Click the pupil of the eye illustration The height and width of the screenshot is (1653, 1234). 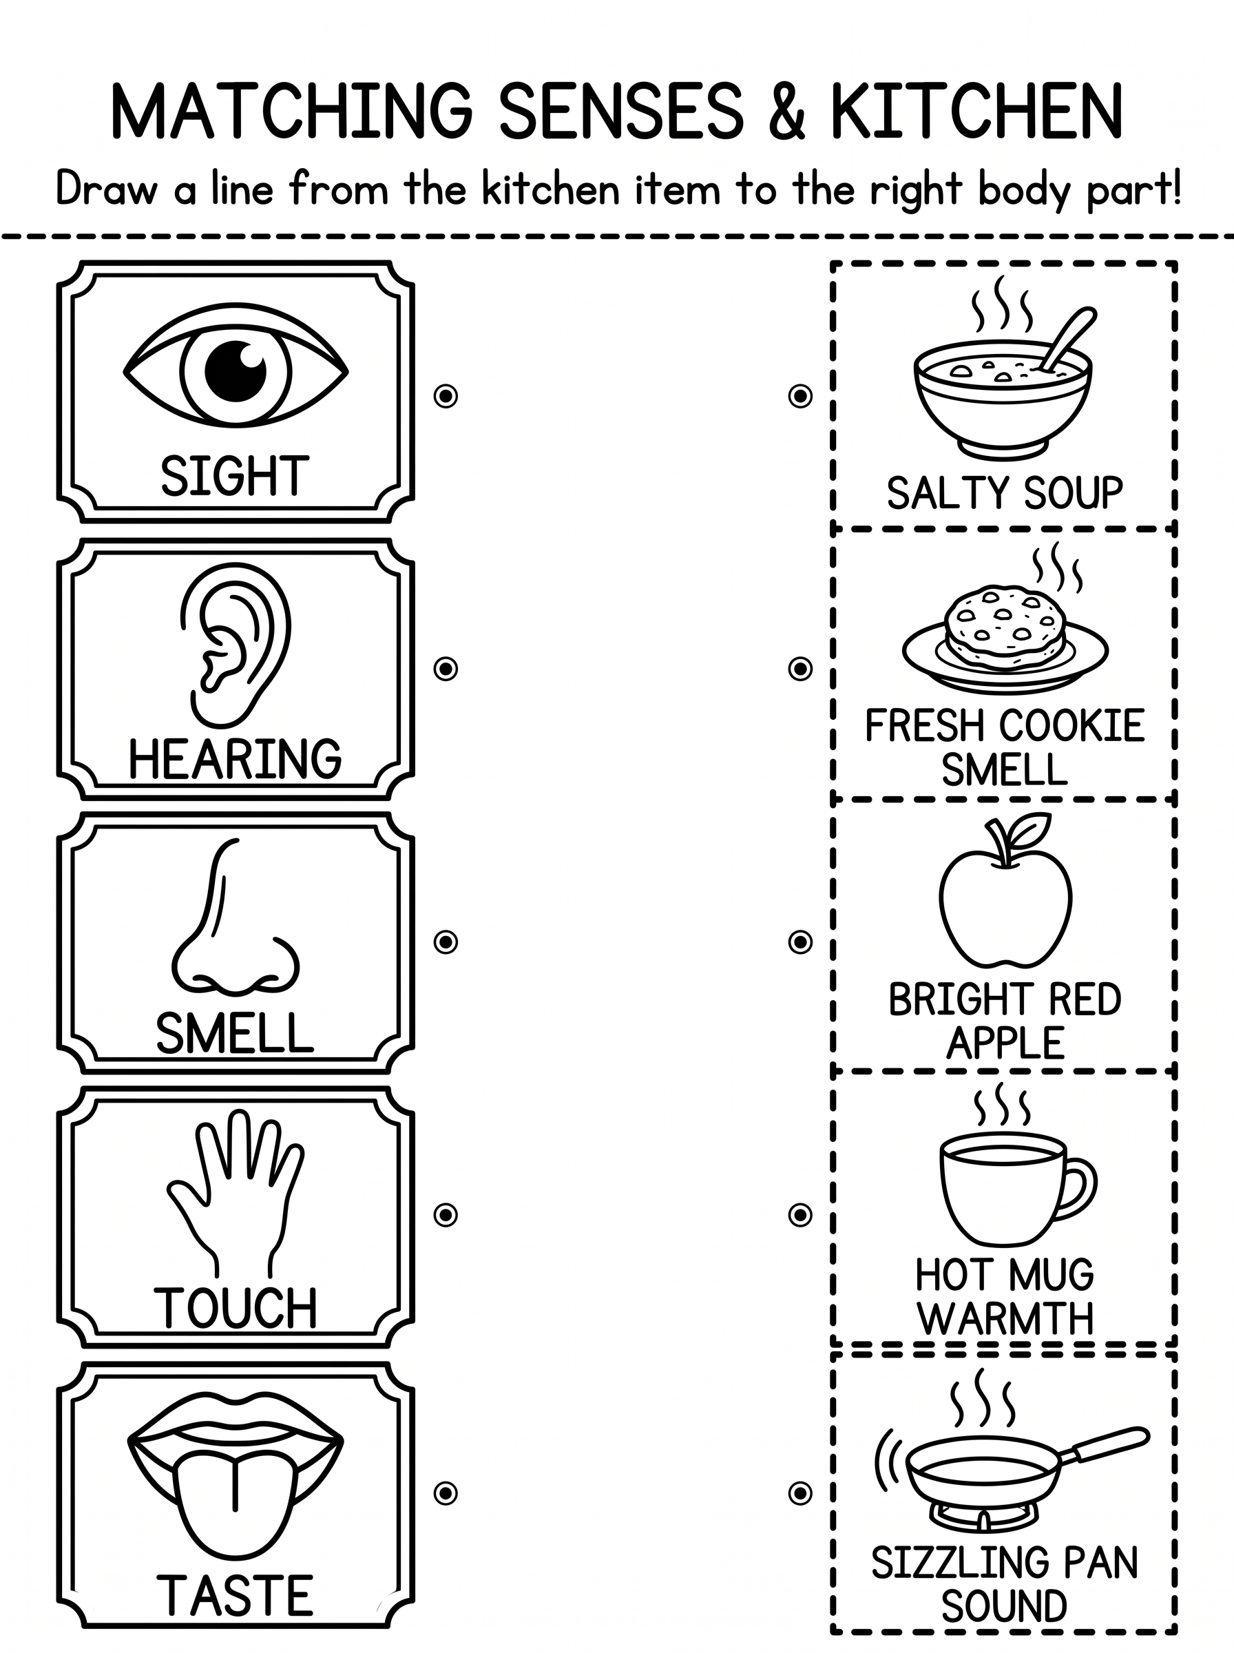click(x=236, y=371)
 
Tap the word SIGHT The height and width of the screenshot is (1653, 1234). click(x=235, y=476)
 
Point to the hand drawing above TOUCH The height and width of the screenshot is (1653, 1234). click(x=236, y=1193)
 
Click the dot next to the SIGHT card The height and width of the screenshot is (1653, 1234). click(x=446, y=396)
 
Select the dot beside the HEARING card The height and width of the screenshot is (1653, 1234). click(x=446, y=669)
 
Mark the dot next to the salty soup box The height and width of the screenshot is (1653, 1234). click(x=800, y=396)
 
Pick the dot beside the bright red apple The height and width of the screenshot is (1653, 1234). click(x=800, y=942)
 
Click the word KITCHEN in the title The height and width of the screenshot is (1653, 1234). click(x=976, y=112)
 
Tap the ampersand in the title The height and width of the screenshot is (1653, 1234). click(x=786, y=112)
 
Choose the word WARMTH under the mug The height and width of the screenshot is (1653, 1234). click(x=1005, y=1318)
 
